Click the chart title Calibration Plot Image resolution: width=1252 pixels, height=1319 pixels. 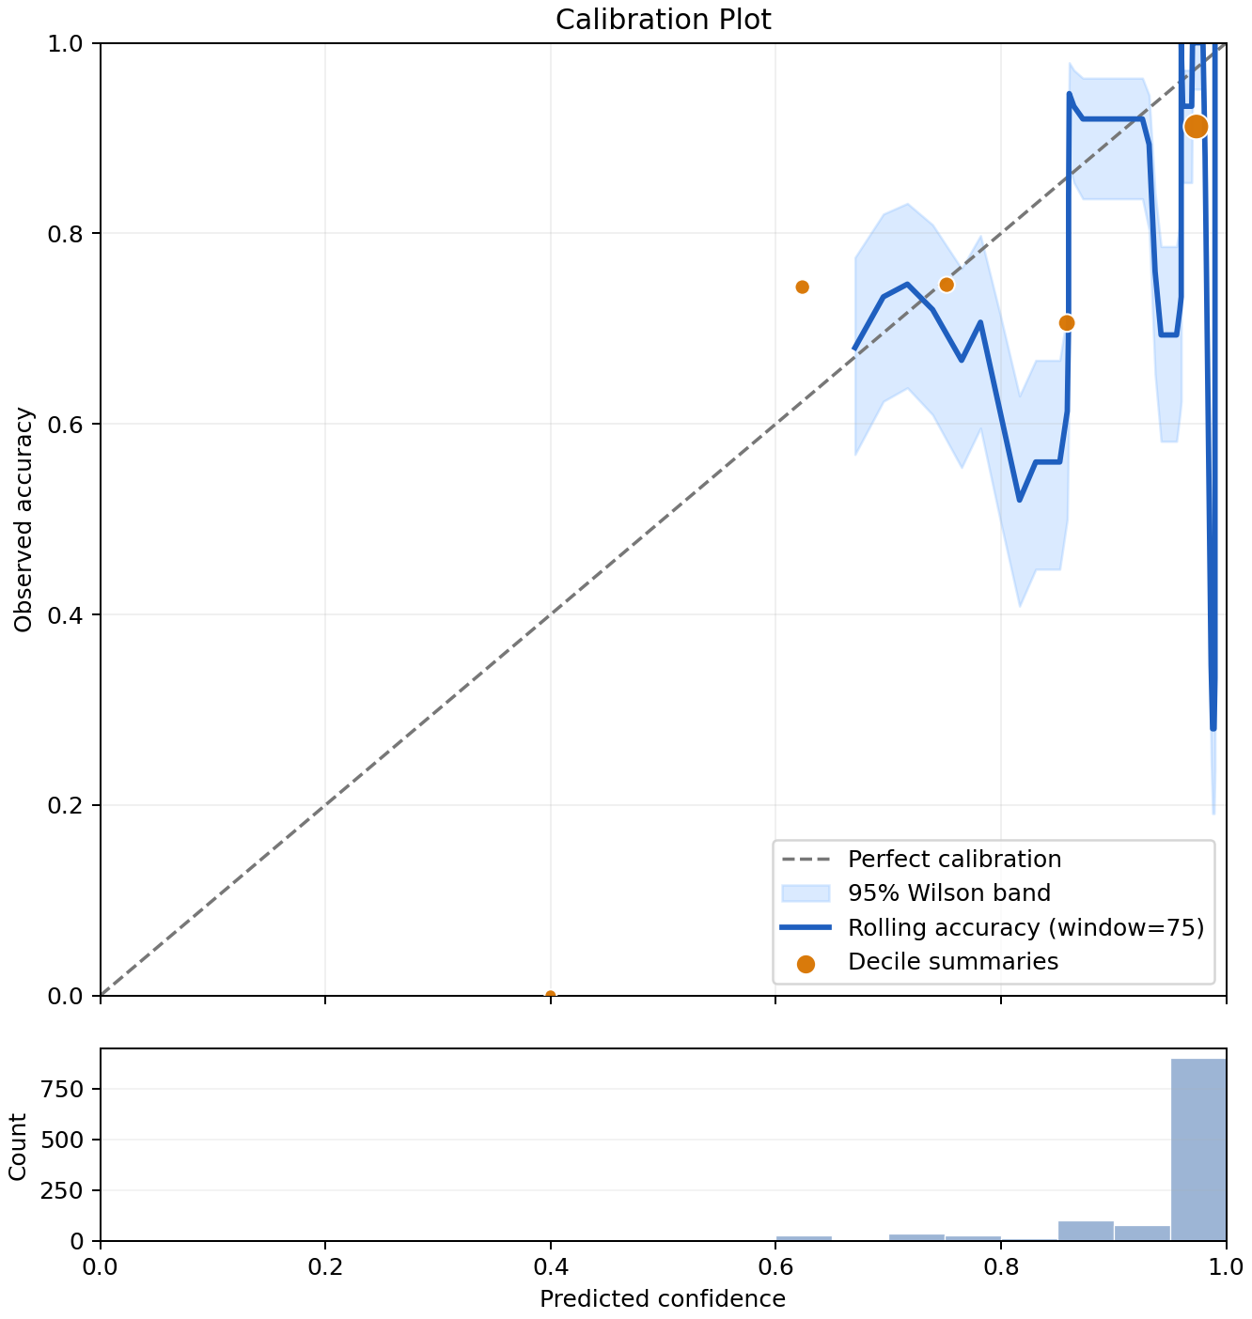coord(663,20)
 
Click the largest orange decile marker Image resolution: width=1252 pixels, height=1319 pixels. coord(1196,126)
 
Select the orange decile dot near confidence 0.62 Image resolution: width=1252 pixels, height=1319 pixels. coord(802,287)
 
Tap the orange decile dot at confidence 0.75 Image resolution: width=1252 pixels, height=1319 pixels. coord(946,286)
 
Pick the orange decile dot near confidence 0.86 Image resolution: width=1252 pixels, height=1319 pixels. coord(1066,323)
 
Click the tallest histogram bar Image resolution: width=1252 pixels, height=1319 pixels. coord(1197,1149)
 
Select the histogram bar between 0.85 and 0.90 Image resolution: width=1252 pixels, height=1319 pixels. coord(1086,1231)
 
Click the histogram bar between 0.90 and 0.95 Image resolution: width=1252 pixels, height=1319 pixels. coord(1142,1234)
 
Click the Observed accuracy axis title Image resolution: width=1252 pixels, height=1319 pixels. coord(23,520)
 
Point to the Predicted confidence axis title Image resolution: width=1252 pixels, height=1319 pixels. coord(663,1298)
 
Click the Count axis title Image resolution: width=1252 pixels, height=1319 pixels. coord(18,1146)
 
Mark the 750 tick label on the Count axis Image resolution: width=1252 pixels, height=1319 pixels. coord(62,1089)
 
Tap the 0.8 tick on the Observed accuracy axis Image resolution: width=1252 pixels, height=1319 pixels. coord(65,234)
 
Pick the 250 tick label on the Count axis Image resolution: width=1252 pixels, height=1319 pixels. coord(62,1191)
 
